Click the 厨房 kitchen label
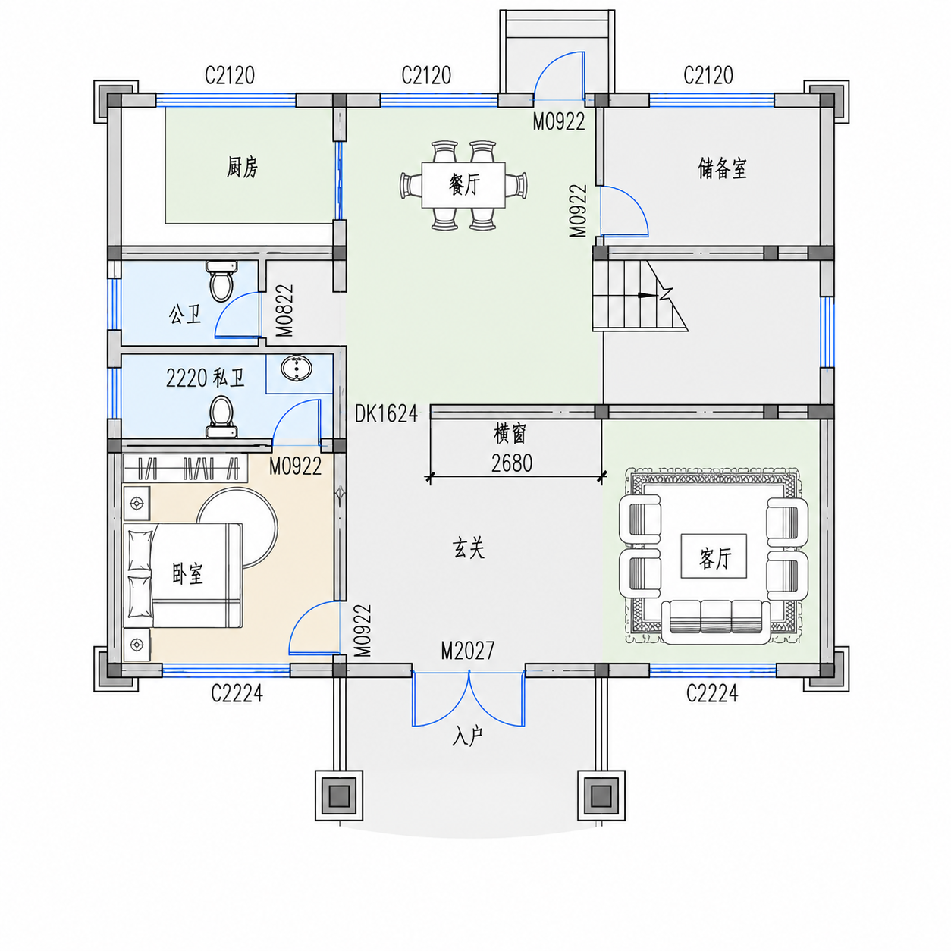(x=242, y=168)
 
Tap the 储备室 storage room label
(x=721, y=168)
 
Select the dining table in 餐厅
(x=463, y=185)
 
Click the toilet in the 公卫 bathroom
(x=221, y=281)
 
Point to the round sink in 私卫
(x=296, y=369)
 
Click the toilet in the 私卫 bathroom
(x=222, y=417)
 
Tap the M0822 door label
(x=284, y=310)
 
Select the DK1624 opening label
(x=387, y=413)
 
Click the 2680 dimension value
(x=512, y=463)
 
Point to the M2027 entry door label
(x=467, y=651)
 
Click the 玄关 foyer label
(x=469, y=548)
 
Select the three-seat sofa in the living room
(x=716, y=622)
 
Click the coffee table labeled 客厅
(x=714, y=556)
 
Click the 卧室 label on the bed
(x=187, y=574)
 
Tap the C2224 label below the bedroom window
(x=237, y=693)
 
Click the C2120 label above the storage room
(x=708, y=76)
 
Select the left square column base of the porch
(x=339, y=795)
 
